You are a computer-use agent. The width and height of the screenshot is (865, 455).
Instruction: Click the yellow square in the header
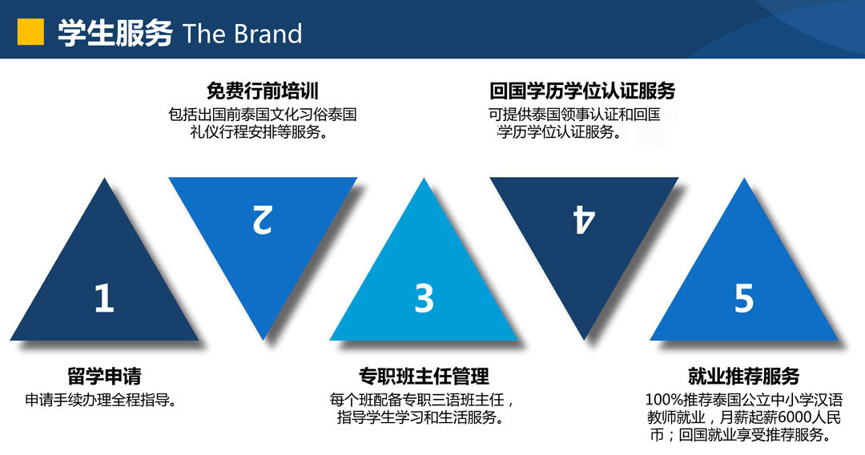coord(30,31)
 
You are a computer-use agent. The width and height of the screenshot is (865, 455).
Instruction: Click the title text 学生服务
coord(115,33)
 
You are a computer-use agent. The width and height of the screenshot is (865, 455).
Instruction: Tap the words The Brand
coord(242,34)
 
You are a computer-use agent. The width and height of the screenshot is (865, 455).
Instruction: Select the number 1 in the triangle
coord(103,298)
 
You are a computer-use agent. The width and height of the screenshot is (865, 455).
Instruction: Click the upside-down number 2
coord(263,219)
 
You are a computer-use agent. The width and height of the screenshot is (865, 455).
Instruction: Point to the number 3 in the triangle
coord(424,298)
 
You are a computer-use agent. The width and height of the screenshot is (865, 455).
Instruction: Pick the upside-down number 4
coord(584,219)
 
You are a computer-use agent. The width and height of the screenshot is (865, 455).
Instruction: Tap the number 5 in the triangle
coord(743,298)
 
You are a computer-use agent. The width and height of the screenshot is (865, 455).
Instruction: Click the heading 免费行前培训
coord(263,91)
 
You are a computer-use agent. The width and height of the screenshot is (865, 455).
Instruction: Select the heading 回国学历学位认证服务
coord(582,91)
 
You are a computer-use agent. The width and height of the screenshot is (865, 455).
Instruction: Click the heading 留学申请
coord(104,376)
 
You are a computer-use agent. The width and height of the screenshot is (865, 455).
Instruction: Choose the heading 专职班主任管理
coord(424,376)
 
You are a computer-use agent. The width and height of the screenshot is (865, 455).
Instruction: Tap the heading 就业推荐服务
coord(743,376)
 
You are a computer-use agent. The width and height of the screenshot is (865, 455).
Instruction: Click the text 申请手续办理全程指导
coord(101,400)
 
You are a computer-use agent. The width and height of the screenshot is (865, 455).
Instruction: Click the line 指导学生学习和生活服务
coord(420,417)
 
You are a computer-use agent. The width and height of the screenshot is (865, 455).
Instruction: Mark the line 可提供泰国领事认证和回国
coord(574,115)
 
